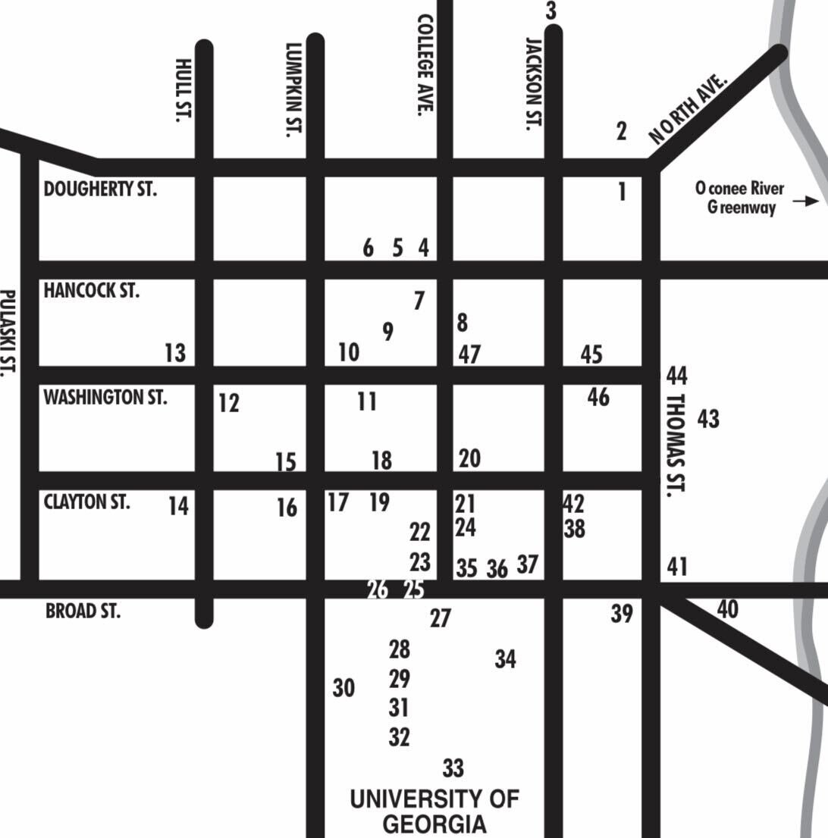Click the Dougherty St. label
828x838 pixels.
100,189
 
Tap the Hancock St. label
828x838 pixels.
92,290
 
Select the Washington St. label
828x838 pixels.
105,397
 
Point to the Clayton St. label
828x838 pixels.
86,502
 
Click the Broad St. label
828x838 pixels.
83,611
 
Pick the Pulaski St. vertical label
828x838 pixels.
7,333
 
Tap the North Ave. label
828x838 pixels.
688,109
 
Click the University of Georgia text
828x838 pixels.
434,811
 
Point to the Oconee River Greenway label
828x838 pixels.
740,198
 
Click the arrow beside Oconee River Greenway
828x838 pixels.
805,202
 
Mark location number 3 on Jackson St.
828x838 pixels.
551,11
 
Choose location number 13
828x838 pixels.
175,353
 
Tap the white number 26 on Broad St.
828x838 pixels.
378,589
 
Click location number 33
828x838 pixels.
453,768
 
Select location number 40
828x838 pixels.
727,609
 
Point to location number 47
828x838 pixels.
469,354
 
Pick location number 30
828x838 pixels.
343,688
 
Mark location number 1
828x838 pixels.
623,192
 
